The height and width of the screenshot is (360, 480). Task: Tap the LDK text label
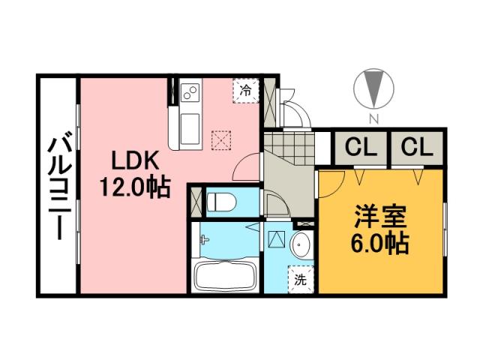(x=135, y=160)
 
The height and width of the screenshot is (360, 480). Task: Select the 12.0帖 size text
(x=135, y=184)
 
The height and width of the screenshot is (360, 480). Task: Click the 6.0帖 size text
(x=381, y=243)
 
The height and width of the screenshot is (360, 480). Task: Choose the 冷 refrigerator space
(x=246, y=89)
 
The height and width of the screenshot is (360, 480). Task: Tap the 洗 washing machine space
(x=300, y=282)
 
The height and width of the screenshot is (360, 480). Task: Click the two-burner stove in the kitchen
(x=190, y=94)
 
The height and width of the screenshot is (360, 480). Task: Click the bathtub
(x=225, y=276)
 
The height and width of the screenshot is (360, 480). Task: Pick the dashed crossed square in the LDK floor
(x=222, y=139)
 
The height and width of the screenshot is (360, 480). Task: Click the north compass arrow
(x=373, y=90)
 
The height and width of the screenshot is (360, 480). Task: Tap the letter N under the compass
(x=373, y=120)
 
